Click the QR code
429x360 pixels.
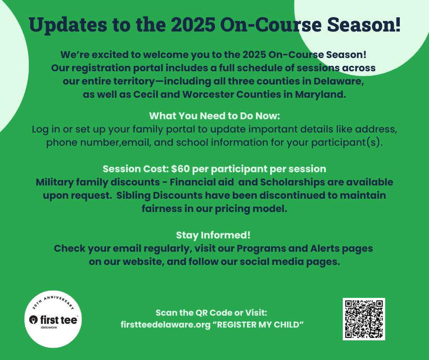(x=364, y=319)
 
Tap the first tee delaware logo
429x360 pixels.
(x=53, y=319)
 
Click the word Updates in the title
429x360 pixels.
(x=68, y=25)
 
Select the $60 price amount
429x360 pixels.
(x=180, y=169)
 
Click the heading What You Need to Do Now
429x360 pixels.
(x=214, y=116)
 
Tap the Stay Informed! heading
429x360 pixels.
(x=213, y=235)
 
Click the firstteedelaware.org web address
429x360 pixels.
(x=166, y=325)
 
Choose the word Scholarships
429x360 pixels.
(x=292, y=182)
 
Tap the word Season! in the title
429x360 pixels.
(x=364, y=25)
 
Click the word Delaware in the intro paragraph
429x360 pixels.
(x=339, y=81)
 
